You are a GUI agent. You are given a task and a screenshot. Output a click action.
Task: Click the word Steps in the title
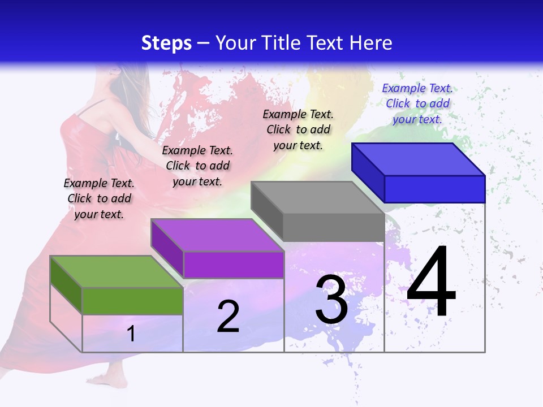pyautogui.click(x=166, y=43)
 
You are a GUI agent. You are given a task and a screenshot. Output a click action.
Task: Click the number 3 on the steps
pyautogui.click(x=331, y=300)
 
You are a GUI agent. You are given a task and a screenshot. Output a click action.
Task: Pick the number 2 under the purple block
pyautogui.click(x=228, y=317)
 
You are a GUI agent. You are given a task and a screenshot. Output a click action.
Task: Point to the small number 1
pyautogui.click(x=131, y=334)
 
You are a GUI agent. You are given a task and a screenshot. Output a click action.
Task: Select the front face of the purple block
pyautogui.click(x=234, y=265)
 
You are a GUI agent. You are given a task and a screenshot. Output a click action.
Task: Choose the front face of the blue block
pyautogui.click(x=434, y=189)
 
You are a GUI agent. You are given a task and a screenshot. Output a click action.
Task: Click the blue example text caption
pyautogui.click(x=417, y=103)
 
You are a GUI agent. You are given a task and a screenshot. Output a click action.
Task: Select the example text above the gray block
pyautogui.click(x=298, y=129)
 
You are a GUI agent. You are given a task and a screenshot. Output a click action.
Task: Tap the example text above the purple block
pyautogui.click(x=197, y=166)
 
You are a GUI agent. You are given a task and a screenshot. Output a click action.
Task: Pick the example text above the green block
pyautogui.click(x=99, y=198)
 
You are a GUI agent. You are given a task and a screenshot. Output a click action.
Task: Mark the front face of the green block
pyautogui.click(x=132, y=301)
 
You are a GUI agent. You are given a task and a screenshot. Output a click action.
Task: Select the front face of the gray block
pyautogui.click(x=334, y=227)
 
